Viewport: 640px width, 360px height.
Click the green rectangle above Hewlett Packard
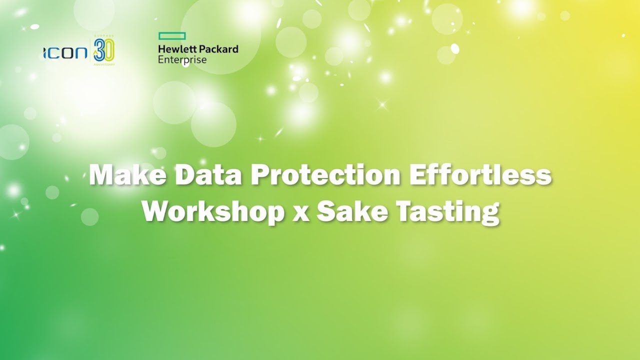point(172,36)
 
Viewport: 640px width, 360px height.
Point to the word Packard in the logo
point(218,49)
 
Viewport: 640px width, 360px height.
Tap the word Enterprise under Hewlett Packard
point(182,59)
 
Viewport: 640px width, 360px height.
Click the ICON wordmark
point(65,53)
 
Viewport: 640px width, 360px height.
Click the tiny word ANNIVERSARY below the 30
point(104,64)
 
